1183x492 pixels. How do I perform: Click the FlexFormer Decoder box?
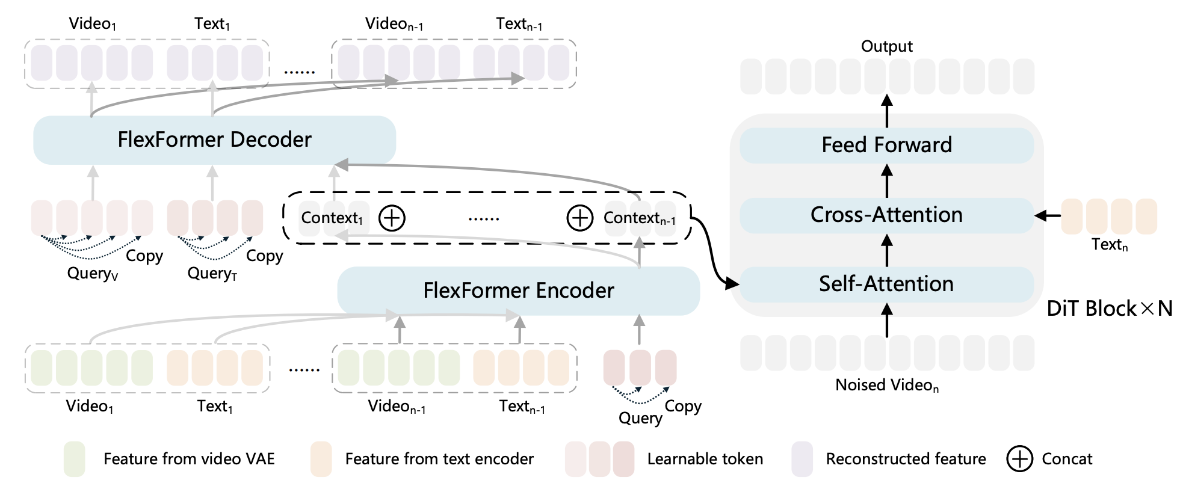pos(214,140)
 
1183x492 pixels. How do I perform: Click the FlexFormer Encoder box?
pos(518,291)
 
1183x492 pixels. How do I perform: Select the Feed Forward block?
pos(886,145)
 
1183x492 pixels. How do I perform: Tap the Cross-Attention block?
pos(886,215)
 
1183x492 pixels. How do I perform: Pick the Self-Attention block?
pos(886,284)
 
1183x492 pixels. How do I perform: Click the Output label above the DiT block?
pos(886,46)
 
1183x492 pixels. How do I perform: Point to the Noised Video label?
pos(886,385)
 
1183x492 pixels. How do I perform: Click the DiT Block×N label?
pos(1109,309)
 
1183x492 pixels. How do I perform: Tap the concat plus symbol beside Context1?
pos(392,218)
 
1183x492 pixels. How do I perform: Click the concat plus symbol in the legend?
pos(1019,459)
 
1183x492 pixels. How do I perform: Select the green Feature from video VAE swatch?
pos(74,459)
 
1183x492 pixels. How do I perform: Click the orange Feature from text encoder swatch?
pos(321,459)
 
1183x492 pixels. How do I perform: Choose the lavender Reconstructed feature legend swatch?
pos(802,459)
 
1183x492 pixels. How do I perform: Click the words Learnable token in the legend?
pos(705,459)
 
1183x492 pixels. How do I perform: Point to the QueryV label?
pos(93,274)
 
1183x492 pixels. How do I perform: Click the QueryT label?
pos(212,274)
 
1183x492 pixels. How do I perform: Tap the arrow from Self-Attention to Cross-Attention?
pos(886,250)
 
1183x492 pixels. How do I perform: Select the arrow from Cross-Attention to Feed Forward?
pos(886,180)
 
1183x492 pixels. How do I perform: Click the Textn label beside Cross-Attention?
pos(1110,244)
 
